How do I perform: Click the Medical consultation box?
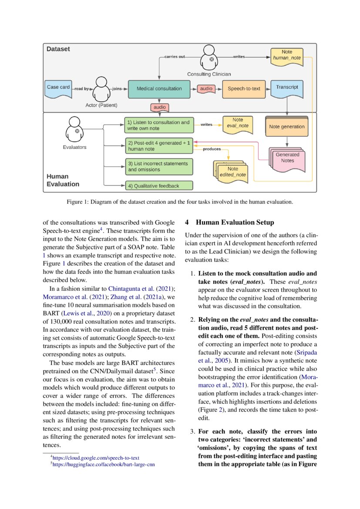coord(159,88)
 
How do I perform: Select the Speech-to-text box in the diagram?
coord(243,88)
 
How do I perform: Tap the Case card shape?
coord(58,88)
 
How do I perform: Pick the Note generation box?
coord(287,127)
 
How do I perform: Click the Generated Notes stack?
coord(286,158)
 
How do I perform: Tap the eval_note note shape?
coord(238,123)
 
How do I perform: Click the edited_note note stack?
coord(231,172)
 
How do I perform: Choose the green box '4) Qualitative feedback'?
coord(159,186)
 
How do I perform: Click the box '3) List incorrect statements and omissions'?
coord(159,166)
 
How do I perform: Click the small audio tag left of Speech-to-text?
coord(206,88)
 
